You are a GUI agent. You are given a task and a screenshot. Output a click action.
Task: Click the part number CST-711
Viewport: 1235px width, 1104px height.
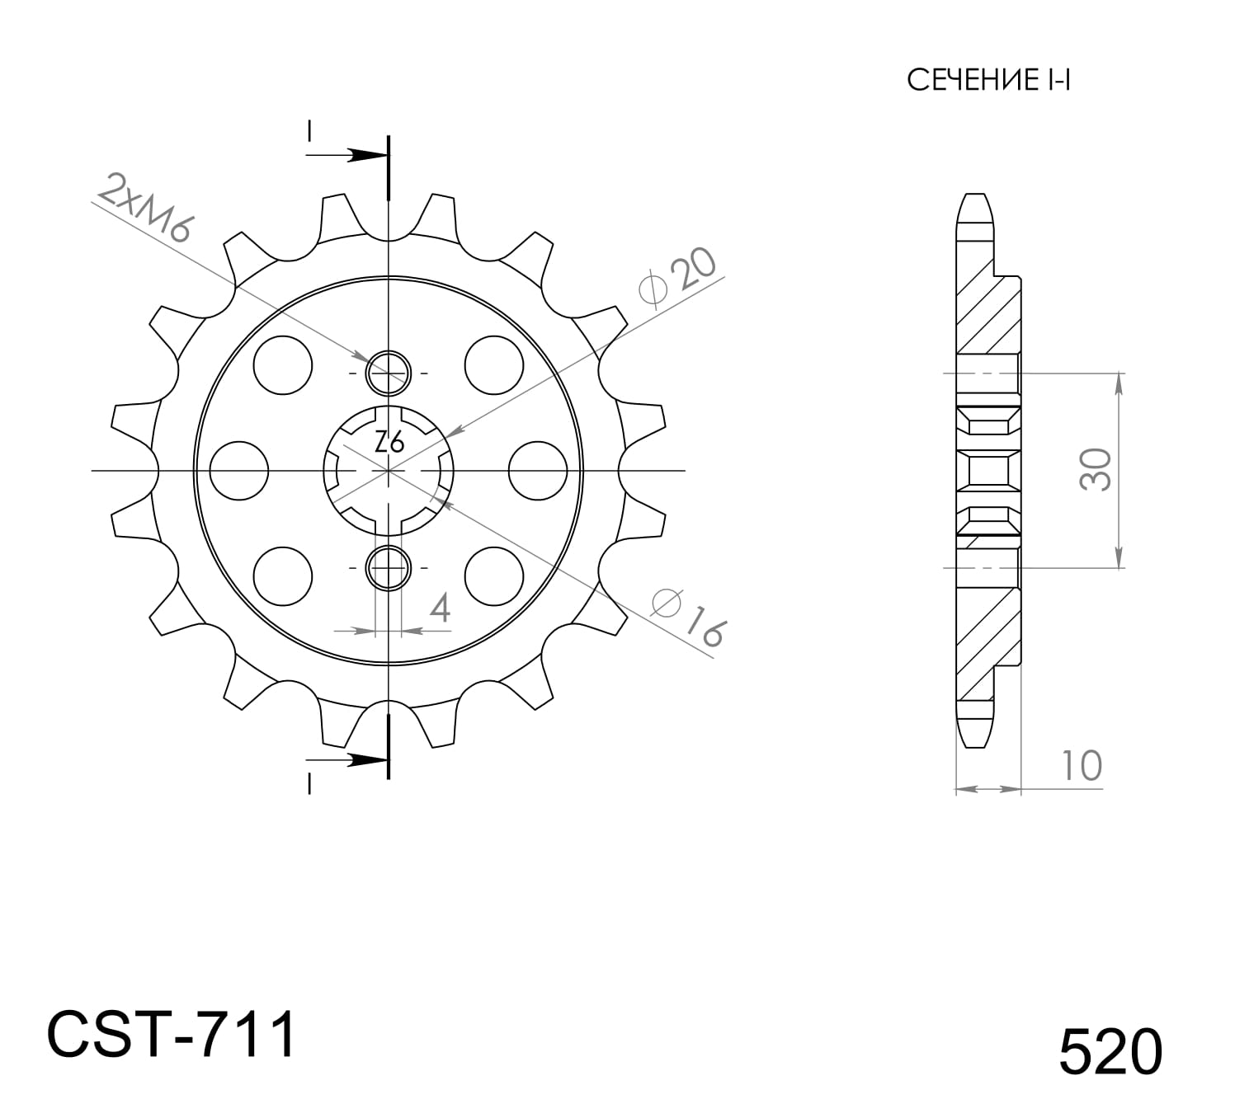point(171,1035)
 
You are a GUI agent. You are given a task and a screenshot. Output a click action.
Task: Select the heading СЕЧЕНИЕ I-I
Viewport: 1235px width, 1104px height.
point(988,80)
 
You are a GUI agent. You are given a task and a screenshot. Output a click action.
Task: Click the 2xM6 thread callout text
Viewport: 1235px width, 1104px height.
point(145,207)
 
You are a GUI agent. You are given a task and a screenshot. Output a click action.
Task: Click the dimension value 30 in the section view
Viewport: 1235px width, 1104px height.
point(1096,470)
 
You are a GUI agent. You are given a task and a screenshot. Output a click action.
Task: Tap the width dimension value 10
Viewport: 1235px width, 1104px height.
point(1081,765)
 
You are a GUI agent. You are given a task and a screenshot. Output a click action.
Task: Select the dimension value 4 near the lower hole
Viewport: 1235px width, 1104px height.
point(440,608)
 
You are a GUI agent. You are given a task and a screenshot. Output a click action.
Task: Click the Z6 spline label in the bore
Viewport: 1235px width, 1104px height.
point(389,443)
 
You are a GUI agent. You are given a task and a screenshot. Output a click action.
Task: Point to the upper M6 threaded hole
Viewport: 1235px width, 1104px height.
point(388,373)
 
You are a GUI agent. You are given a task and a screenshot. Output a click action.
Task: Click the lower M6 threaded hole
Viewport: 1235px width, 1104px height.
point(388,567)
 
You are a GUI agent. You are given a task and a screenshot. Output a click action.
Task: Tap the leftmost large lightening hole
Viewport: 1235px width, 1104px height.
point(239,471)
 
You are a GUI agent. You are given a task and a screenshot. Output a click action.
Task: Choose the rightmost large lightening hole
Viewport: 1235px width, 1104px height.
point(538,471)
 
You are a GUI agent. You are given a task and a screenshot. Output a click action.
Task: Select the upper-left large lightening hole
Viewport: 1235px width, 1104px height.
point(283,364)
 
